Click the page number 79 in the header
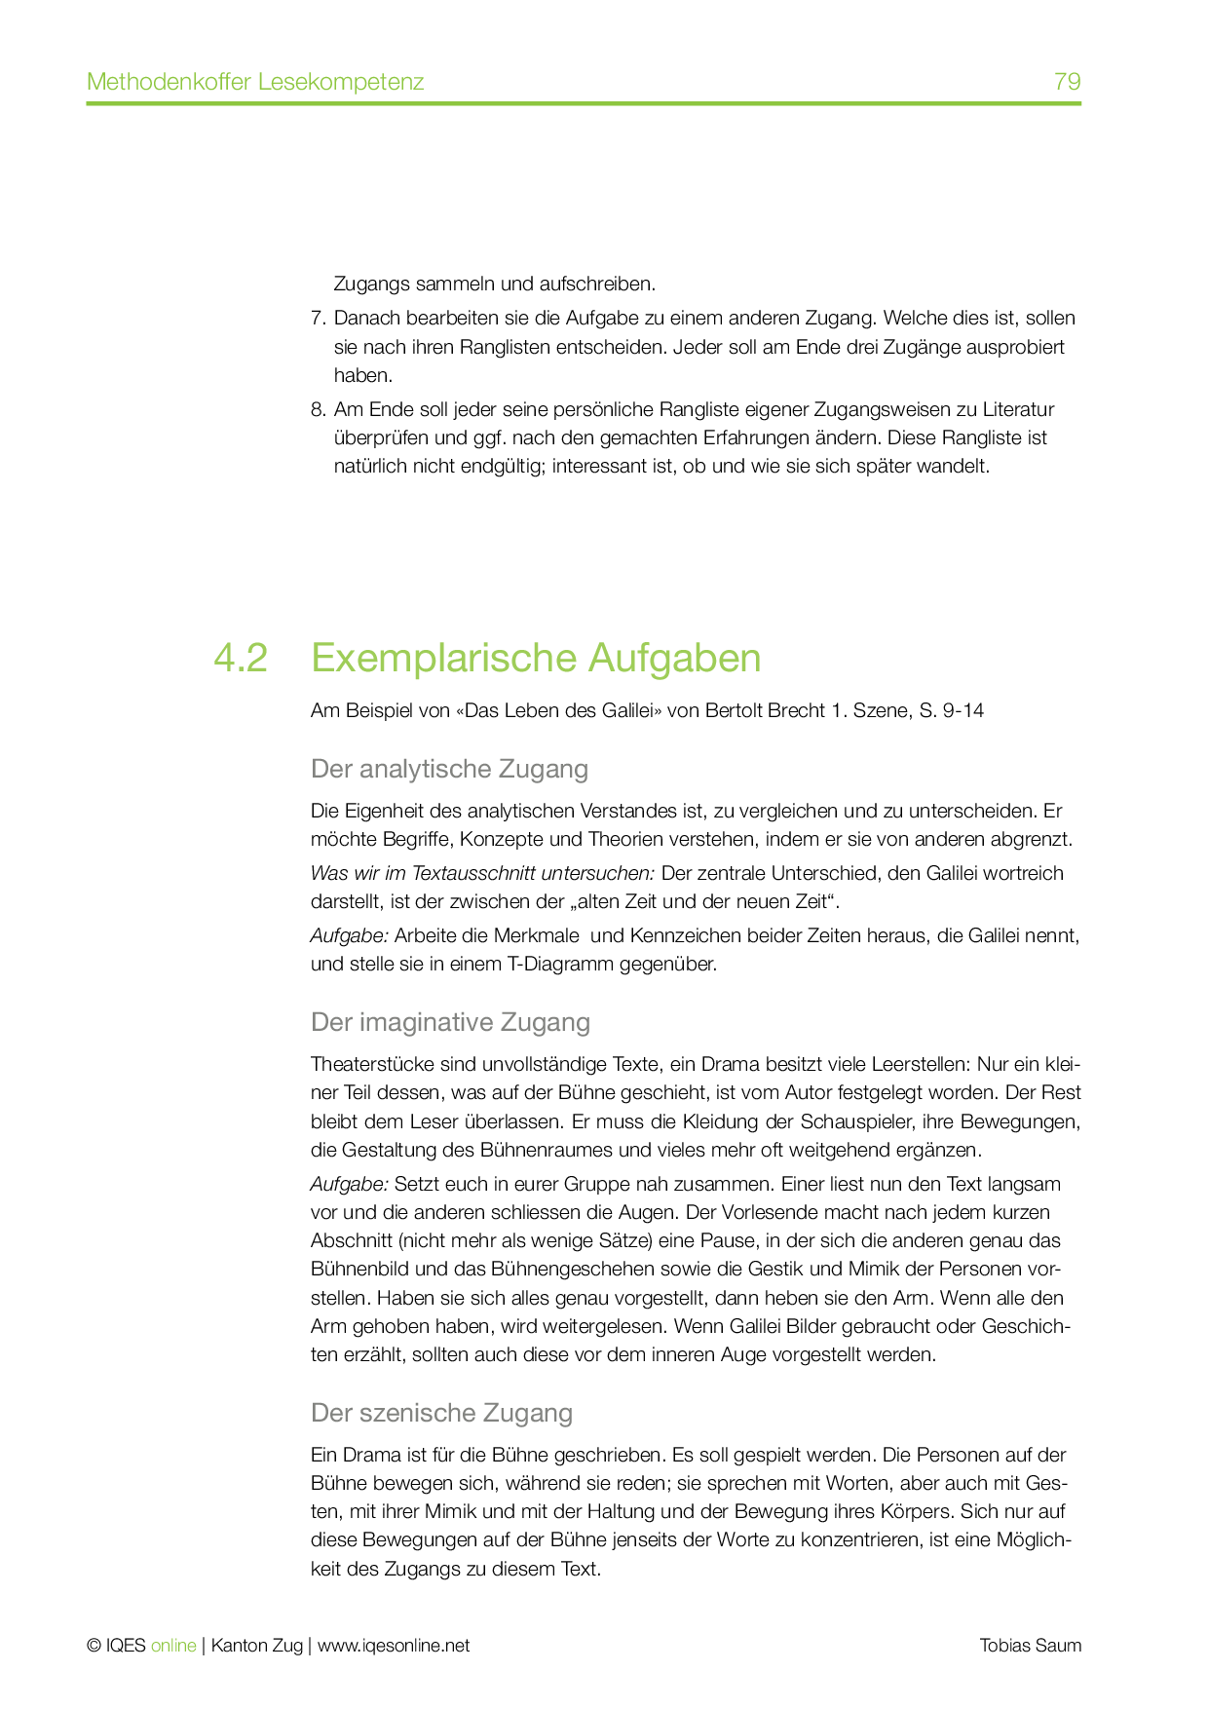(1067, 81)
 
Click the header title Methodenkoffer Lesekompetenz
(255, 81)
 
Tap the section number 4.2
(241, 659)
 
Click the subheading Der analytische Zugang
(449, 769)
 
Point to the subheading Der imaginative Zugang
(450, 1022)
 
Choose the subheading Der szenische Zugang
(441, 1413)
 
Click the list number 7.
(317, 319)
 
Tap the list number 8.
(317, 409)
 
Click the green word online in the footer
(173, 1646)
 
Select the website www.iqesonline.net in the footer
(394, 1646)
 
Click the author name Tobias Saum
(1030, 1646)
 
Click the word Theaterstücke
(366, 1064)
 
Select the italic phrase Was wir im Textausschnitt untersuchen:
(482, 873)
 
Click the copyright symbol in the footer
(94, 1646)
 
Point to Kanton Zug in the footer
(256, 1646)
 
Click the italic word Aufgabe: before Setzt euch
(349, 1185)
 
